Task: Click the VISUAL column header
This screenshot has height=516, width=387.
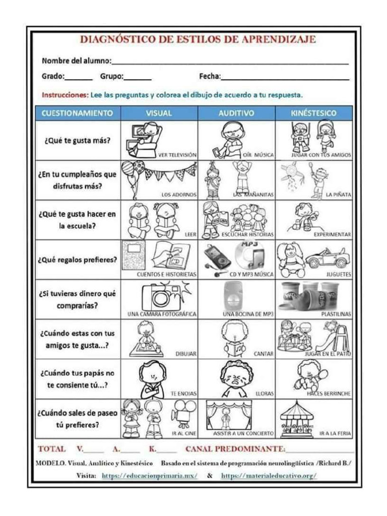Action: [159, 113]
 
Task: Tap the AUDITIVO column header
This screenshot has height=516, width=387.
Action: [236, 113]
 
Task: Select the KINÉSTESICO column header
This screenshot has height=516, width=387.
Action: [313, 113]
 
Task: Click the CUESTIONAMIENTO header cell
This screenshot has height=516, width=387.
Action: [78, 113]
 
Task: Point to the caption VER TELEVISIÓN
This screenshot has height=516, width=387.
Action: [177, 155]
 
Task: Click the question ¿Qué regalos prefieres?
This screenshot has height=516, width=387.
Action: [78, 260]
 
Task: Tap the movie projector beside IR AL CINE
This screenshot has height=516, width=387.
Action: [181, 414]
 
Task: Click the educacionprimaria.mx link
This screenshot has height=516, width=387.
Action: [149, 476]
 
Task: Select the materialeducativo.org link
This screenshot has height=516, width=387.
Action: [269, 476]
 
